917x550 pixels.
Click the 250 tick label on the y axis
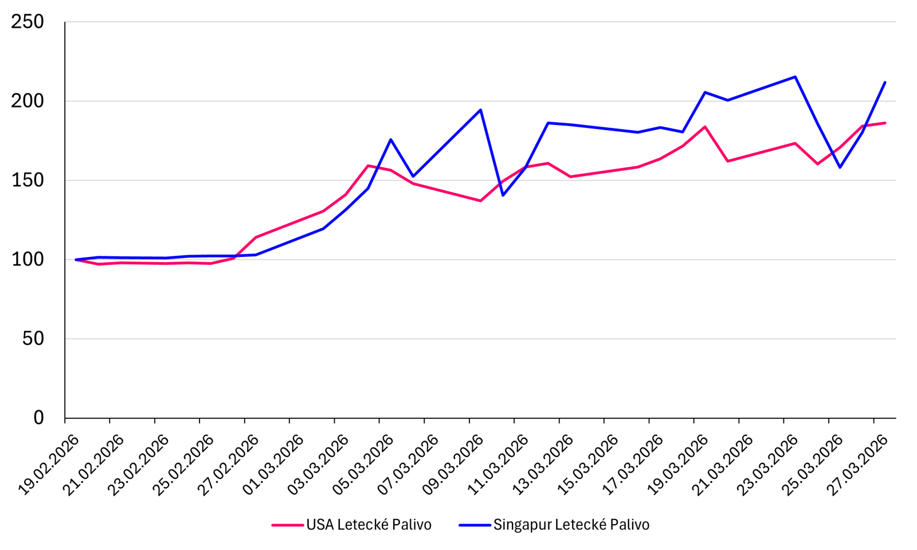[28, 22]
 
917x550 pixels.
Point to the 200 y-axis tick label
[28, 101]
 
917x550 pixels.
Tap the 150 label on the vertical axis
[28, 180]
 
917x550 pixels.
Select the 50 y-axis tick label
[33, 338]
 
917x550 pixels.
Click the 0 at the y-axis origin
[38, 418]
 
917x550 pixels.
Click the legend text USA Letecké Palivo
[369, 525]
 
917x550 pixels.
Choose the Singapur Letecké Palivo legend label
[571, 525]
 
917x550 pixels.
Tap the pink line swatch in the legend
[287, 525]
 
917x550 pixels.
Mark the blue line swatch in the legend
[475, 525]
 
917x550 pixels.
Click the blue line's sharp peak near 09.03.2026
[480, 110]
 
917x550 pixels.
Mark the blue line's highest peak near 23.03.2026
[795, 77]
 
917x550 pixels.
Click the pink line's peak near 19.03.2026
[705, 127]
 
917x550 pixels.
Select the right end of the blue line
[885, 83]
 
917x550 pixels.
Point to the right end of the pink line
[885, 123]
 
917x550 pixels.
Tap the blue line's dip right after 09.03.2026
[503, 195]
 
